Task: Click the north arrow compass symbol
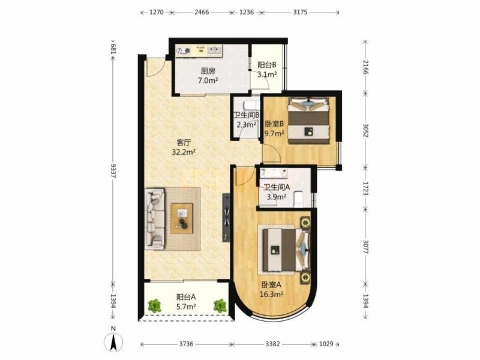tap(113, 341)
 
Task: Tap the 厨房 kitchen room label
tap(208, 71)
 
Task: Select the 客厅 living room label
tap(184, 142)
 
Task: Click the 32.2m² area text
tap(184, 152)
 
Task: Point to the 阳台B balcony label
tap(267, 65)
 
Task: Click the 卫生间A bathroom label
tap(277, 187)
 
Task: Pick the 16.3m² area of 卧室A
tap(271, 295)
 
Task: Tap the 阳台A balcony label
tap(186, 297)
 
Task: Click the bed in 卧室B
tap(309, 121)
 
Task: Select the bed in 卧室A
tap(287, 249)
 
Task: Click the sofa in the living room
tap(155, 218)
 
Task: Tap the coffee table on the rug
tap(182, 218)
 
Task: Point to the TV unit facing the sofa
tap(226, 218)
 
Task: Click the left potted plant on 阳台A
tap(154, 306)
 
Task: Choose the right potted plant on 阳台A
tap(220, 306)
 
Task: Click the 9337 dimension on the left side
tap(113, 171)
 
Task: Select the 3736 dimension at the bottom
tap(186, 344)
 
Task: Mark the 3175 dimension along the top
tap(300, 13)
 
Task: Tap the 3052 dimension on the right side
tap(365, 130)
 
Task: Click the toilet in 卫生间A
tap(298, 199)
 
